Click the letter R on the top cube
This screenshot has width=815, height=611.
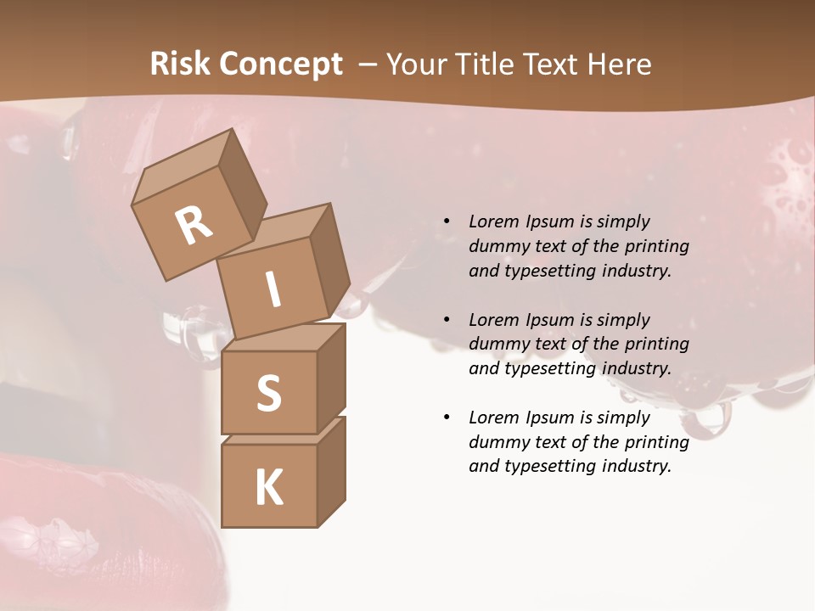(x=194, y=224)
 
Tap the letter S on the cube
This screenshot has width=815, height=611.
(x=268, y=393)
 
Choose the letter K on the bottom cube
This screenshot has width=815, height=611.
(x=268, y=487)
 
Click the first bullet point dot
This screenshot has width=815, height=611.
(x=447, y=221)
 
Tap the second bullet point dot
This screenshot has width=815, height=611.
(x=447, y=320)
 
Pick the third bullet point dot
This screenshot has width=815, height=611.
(x=447, y=418)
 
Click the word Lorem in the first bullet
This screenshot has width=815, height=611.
(x=493, y=221)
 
